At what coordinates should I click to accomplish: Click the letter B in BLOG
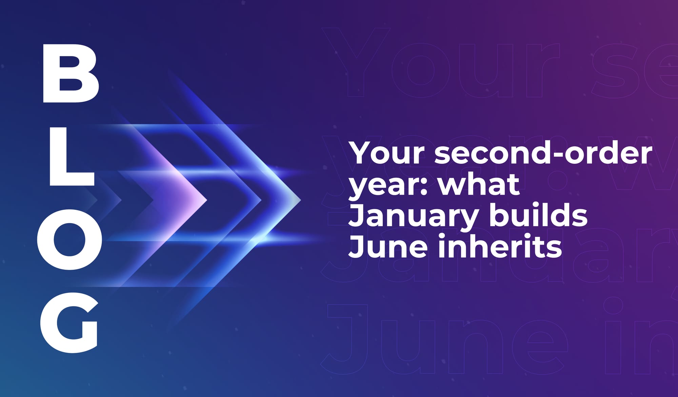71,73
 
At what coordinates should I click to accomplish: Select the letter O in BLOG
69,239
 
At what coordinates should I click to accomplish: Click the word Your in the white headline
386,154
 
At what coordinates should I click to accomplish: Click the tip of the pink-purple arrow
206,200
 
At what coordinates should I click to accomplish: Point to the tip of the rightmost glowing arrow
300,200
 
